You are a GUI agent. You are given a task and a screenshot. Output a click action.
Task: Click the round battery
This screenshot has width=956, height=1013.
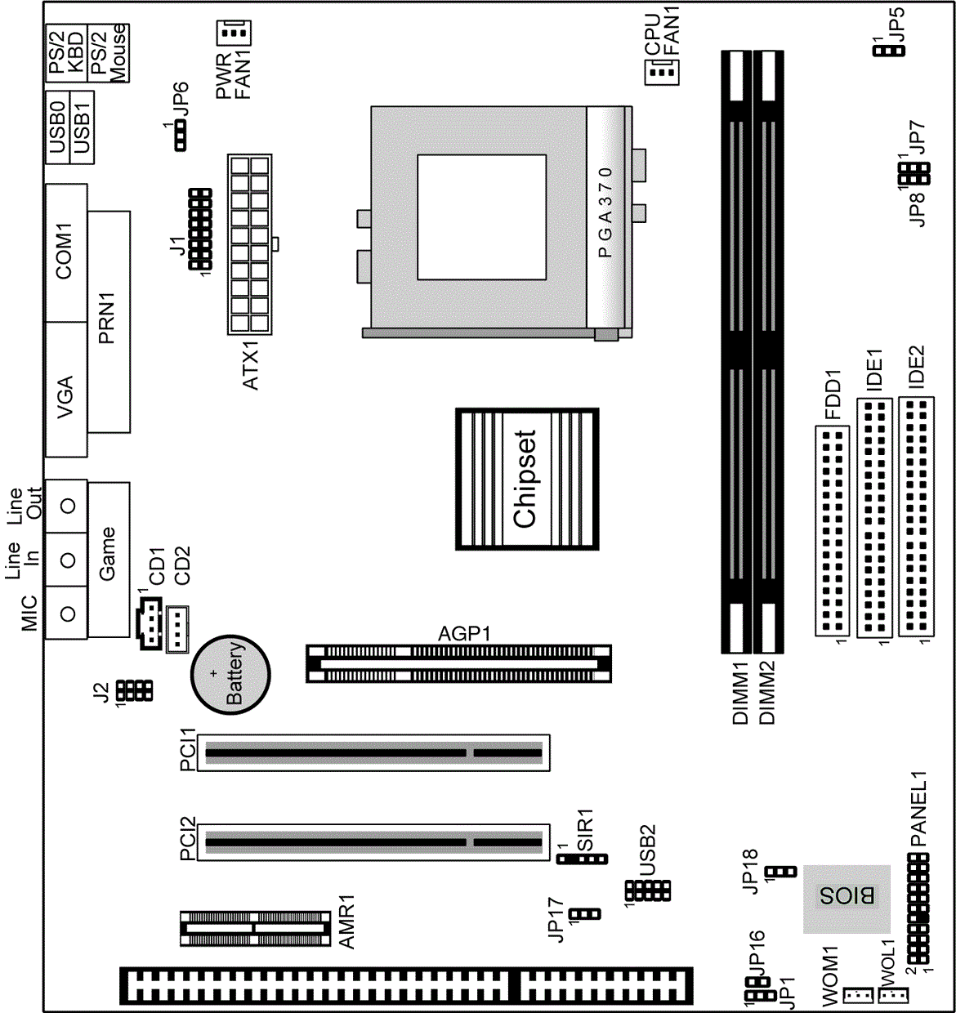(x=230, y=675)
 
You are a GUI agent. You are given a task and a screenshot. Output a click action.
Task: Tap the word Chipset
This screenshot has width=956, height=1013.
(x=525, y=479)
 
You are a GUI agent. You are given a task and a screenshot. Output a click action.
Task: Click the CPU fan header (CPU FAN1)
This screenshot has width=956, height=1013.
(x=662, y=73)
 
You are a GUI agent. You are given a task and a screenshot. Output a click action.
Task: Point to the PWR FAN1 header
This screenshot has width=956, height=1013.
(x=234, y=33)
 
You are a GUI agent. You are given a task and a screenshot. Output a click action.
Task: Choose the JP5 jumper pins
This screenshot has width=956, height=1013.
(x=889, y=51)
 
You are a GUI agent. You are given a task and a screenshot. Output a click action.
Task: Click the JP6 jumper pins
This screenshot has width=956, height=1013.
(x=181, y=136)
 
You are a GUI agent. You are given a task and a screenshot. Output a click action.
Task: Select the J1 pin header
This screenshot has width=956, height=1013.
(x=200, y=229)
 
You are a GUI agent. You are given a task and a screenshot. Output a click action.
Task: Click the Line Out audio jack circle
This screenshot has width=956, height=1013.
(x=68, y=506)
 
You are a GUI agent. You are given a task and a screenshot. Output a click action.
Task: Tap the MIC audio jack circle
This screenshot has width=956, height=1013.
(x=68, y=613)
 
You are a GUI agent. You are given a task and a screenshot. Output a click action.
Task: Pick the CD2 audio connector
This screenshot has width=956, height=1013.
(x=177, y=629)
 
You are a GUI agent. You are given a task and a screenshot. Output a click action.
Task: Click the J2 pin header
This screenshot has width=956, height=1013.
(x=134, y=691)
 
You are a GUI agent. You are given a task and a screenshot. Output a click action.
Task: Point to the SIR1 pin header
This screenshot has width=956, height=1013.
(x=582, y=859)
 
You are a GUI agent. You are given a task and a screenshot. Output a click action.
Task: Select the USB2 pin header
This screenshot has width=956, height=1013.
(x=648, y=890)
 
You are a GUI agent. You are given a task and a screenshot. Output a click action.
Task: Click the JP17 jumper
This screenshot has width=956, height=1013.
(x=585, y=913)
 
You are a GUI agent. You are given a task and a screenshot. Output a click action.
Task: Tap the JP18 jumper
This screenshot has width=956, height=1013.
(x=781, y=872)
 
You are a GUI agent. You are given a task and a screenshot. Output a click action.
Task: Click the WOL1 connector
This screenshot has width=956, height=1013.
(x=894, y=994)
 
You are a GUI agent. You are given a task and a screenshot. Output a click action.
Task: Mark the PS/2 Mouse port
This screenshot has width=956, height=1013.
(x=108, y=53)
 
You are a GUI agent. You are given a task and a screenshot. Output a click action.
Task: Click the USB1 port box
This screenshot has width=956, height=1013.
(x=82, y=127)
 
